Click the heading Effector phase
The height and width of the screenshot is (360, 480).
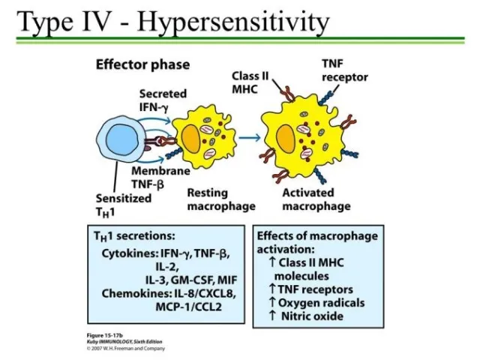pos(142,64)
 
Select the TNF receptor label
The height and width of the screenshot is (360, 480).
pos(344,71)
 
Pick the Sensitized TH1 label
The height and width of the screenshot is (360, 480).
pos(123,204)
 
